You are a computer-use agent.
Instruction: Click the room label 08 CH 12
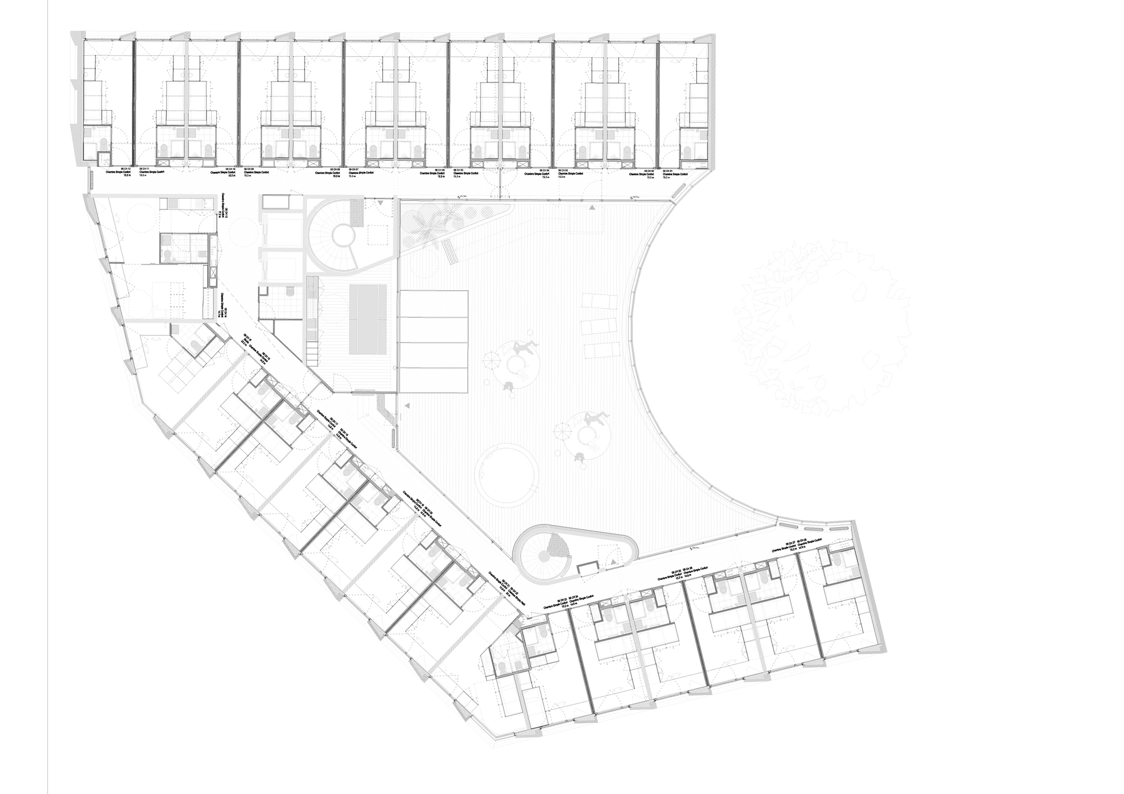123,168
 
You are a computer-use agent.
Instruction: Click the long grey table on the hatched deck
368,318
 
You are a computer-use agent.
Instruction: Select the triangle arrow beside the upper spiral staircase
382,203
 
